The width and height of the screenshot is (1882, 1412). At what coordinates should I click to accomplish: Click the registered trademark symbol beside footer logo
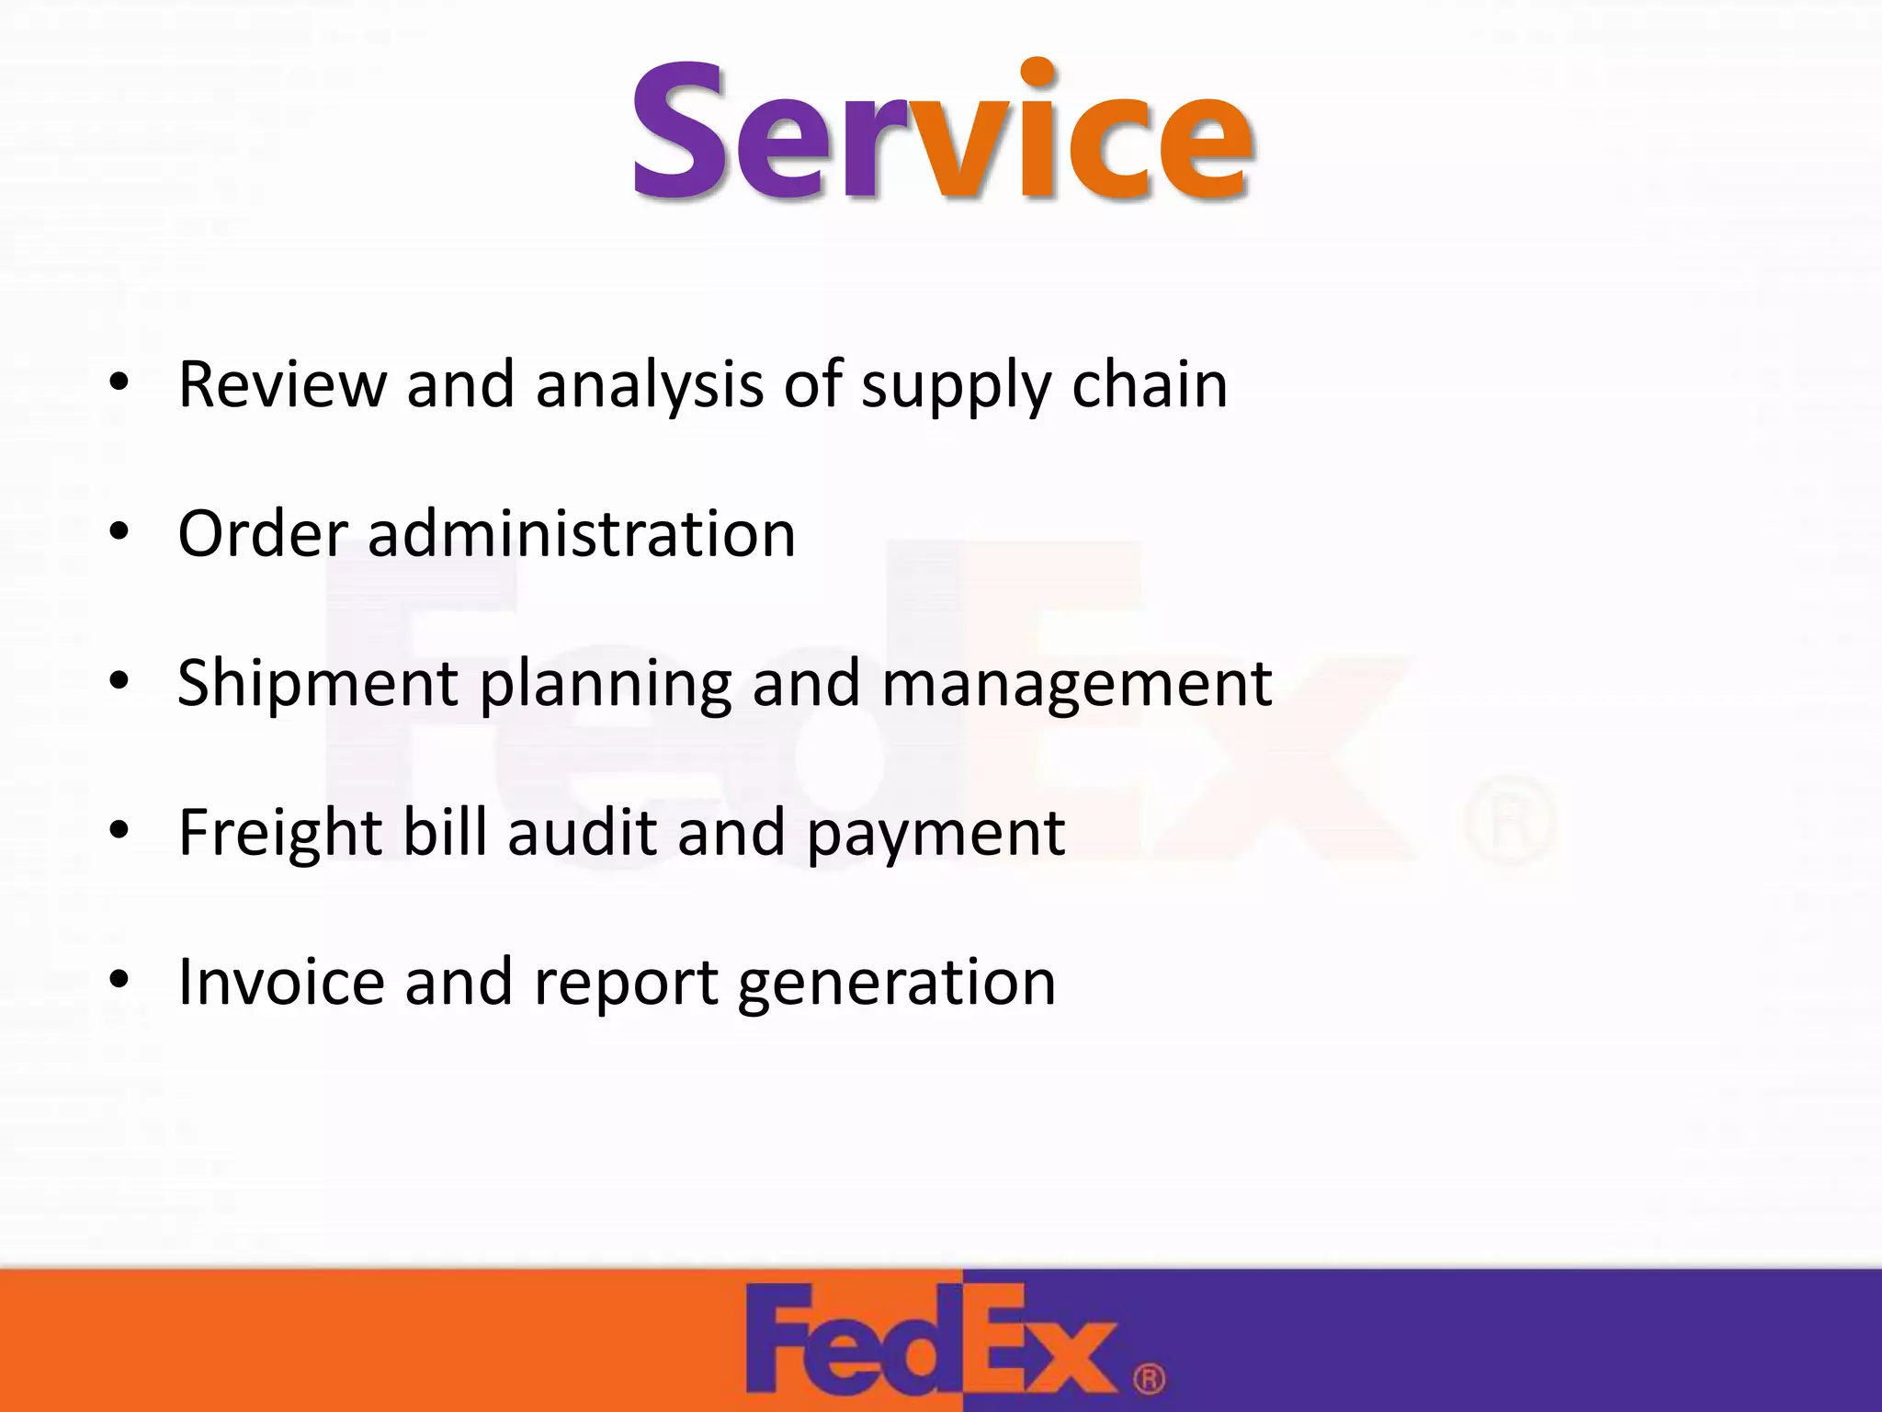(1149, 1379)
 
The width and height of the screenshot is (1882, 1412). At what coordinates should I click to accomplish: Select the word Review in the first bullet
(282, 383)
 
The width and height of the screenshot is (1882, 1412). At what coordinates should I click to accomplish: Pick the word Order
(263, 533)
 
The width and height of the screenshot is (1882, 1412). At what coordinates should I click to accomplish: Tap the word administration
(581, 533)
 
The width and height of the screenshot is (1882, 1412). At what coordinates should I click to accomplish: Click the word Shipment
(318, 683)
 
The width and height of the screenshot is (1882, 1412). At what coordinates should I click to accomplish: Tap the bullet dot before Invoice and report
(118, 980)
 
